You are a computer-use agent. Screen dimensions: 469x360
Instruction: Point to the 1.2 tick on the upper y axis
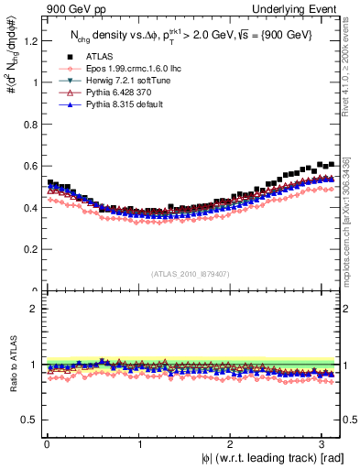click(x=30, y=40)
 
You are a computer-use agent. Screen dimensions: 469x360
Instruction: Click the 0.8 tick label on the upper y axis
click(x=30, y=124)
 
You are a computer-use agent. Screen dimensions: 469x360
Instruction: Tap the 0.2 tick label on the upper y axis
click(x=30, y=249)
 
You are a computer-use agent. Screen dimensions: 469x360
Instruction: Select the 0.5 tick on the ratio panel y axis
click(x=30, y=420)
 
